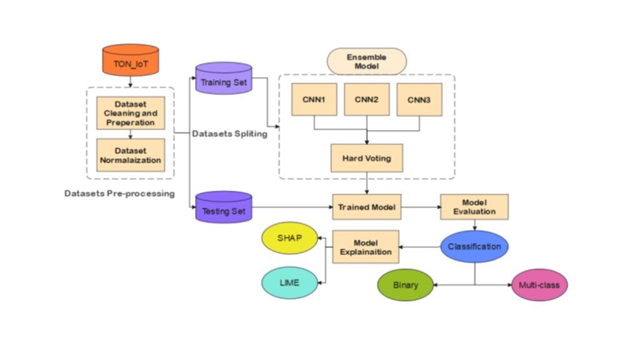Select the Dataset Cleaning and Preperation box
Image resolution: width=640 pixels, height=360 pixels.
point(131,113)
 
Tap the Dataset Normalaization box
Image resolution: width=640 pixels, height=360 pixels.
point(131,155)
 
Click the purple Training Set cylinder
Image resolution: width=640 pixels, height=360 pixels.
point(223,81)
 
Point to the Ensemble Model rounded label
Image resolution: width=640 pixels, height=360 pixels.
point(367,61)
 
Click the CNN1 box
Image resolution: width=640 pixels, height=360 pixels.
point(314,99)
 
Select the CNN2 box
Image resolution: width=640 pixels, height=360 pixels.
point(367,99)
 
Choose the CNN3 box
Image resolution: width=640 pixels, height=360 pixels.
point(419,99)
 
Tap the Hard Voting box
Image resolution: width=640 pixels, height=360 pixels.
point(367,157)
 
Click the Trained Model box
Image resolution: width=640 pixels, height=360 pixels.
point(367,206)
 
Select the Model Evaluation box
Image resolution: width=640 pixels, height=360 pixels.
point(474,207)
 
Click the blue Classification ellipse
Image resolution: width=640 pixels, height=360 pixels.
point(474,246)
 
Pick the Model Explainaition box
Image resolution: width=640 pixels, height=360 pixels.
point(366,246)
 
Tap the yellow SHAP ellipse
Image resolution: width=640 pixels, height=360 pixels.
point(289,239)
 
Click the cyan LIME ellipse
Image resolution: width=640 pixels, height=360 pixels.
point(289,282)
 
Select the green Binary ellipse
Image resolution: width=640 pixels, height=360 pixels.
point(406,285)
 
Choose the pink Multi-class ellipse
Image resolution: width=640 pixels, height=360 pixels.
point(539,285)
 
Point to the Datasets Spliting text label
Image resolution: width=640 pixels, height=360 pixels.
point(229,134)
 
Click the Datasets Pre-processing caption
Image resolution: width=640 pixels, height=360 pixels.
point(119,193)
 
